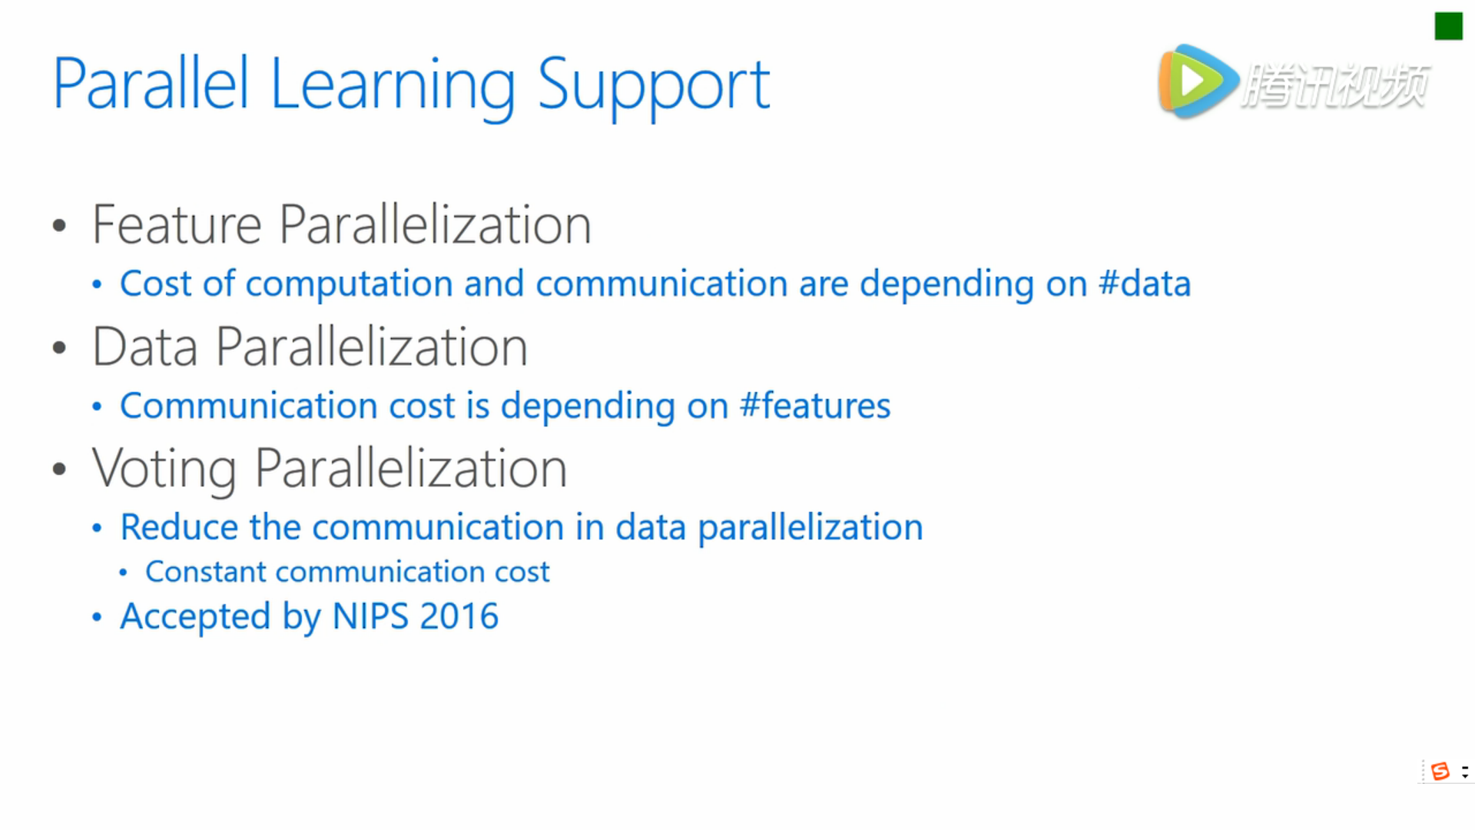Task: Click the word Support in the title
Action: pyautogui.click(x=653, y=86)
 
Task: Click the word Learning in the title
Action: pyautogui.click(x=393, y=86)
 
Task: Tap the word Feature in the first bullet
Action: pyautogui.click(x=177, y=224)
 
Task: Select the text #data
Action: pyautogui.click(x=1145, y=283)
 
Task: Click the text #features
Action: pyautogui.click(x=815, y=405)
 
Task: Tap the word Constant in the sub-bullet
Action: pyautogui.click(x=206, y=572)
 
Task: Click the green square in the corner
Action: pyautogui.click(x=1448, y=26)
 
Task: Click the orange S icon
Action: pyautogui.click(x=1440, y=771)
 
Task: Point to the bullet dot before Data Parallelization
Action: pyautogui.click(x=59, y=348)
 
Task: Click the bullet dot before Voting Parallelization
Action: pyautogui.click(x=59, y=470)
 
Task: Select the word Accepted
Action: pyautogui.click(x=195, y=617)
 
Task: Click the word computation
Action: pyautogui.click(x=349, y=284)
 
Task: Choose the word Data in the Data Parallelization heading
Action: pyautogui.click(x=145, y=347)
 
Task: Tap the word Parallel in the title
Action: pyautogui.click(x=151, y=84)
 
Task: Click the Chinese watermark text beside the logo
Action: pyautogui.click(x=1335, y=85)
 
